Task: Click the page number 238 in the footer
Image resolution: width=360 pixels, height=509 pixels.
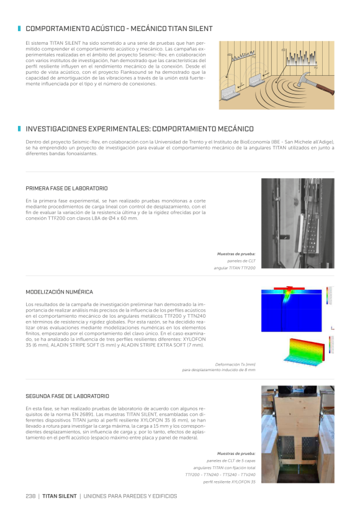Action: point(30,496)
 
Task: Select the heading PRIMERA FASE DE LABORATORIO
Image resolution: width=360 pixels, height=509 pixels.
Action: point(66,188)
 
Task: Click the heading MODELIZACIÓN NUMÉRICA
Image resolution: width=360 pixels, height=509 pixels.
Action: point(60,292)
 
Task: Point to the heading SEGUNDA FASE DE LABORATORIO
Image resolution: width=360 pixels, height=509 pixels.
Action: point(67,396)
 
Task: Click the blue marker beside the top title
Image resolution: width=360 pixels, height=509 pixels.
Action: point(19,29)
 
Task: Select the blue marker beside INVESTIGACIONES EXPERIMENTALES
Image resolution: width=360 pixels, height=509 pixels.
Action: point(19,129)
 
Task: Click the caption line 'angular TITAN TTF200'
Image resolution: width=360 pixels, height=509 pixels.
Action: point(235,268)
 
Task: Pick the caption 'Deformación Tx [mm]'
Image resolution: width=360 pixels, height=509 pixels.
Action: point(235,364)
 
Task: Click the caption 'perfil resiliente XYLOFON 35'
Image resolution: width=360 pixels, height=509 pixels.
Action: point(229,482)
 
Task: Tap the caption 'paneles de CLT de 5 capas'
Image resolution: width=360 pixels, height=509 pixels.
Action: point(231,461)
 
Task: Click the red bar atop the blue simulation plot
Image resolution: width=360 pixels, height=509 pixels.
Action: point(289,288)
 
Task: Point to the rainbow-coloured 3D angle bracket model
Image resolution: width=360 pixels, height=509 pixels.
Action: point(305,351)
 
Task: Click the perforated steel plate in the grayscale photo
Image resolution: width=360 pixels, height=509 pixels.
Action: point(311,232)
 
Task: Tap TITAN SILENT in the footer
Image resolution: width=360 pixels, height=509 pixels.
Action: point(60,496)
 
